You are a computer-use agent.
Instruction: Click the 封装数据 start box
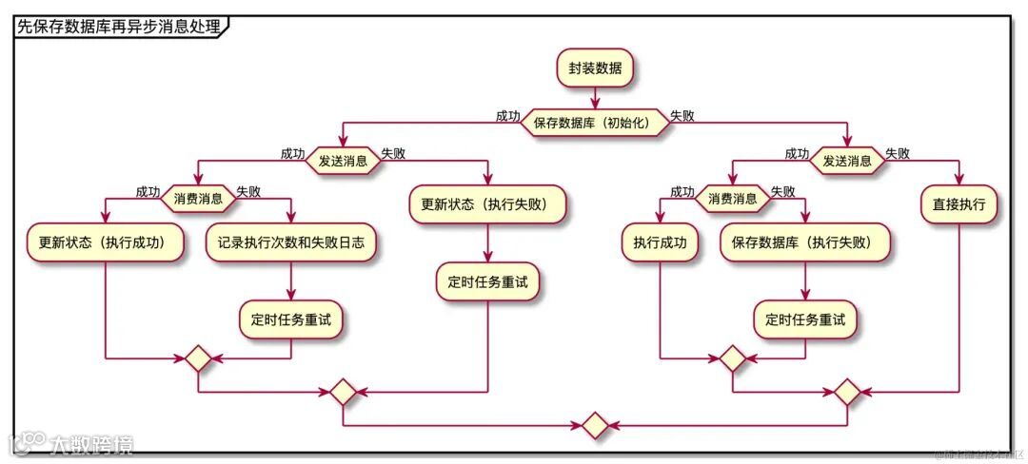595,68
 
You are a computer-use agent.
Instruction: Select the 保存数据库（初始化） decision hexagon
594,123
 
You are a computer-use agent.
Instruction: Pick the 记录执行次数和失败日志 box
290,242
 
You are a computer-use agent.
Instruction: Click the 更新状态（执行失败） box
488,203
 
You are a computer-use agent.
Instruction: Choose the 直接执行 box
959,203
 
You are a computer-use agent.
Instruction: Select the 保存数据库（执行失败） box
806,242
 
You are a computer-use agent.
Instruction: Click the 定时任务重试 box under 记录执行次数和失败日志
290,320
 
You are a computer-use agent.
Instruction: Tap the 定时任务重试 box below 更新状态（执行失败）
488,281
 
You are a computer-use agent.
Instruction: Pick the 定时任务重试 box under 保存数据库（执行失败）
805,320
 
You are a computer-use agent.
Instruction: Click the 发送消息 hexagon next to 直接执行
846,161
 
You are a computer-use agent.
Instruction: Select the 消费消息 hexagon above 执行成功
733,199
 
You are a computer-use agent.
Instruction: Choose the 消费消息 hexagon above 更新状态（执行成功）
198,199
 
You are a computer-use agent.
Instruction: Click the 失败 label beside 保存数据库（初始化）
682,116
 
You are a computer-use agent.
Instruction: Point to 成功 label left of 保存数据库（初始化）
507,116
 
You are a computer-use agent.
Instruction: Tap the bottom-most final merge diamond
595,425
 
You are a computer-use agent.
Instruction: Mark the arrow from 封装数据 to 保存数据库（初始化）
595,97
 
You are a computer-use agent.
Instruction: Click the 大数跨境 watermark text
91,444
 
